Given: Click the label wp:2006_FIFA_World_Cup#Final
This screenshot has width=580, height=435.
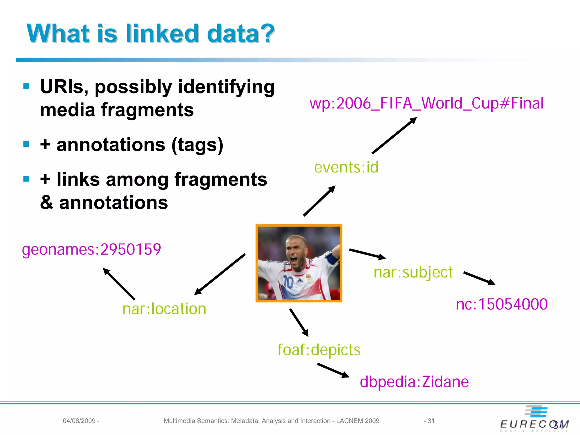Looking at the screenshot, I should [426, 103].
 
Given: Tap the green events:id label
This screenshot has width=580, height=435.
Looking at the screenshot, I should [346, 167].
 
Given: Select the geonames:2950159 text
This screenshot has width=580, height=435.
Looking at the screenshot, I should [91, 250].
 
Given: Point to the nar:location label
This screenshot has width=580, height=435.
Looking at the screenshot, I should [164, 309].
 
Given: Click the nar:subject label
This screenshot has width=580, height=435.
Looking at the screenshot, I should [413, 272].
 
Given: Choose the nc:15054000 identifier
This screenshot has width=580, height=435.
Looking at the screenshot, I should [502, 304].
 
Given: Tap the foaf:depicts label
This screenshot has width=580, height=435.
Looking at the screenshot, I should [319, 350].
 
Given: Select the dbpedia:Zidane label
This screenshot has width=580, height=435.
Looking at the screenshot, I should [414, 382].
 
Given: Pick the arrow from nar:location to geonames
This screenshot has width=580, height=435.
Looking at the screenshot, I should [119, 284].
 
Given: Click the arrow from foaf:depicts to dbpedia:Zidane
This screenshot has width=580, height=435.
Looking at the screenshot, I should [333, 370].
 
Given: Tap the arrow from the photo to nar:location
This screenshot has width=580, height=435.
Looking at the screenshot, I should [220, 274].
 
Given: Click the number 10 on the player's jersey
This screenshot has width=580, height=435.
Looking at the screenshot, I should [288, 282].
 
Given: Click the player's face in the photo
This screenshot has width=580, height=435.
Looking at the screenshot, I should [296, 252].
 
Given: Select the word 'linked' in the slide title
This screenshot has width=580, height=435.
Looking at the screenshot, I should [162, 34].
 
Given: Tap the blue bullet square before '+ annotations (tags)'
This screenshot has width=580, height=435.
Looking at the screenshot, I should [26, 144].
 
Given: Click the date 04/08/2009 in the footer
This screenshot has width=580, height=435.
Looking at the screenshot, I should [79, 421].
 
